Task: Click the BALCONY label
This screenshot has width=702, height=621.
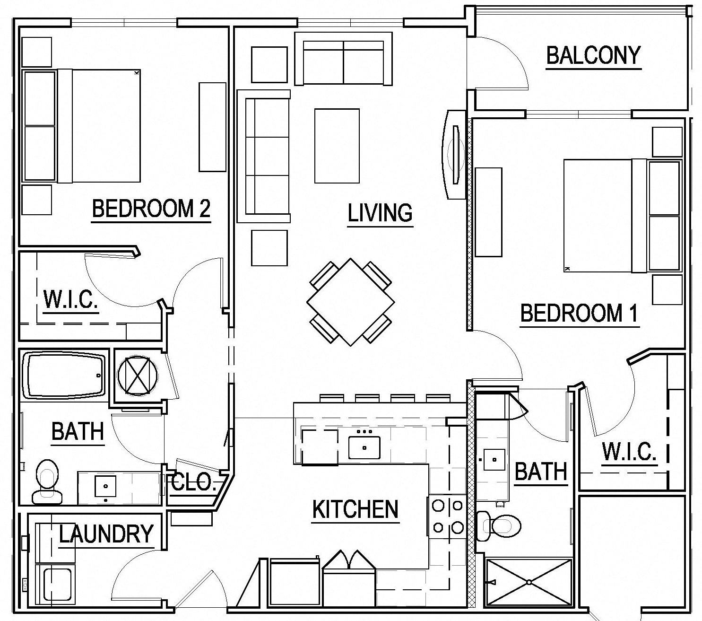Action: pyautogui.click(x=593, y=56)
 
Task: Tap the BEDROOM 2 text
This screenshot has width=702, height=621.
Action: pyautogui.click(x=151, y=209)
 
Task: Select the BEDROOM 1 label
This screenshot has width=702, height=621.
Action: pyautogui.click(x=579, y=313)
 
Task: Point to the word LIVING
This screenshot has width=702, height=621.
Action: pyautogui.click(x=380, y=213)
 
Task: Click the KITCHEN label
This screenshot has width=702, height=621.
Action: pyautogui.click(x=355, y=509)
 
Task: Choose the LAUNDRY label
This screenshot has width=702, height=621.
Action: pyautogui.click(x=106, y=534)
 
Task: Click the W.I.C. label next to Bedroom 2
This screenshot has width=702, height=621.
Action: pyautogui.click(x=71, y=299)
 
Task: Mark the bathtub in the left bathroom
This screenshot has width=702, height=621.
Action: pyautogui.click(x=65, y=375)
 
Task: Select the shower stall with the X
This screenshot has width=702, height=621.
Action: pyautogui.click(x=529, y=582)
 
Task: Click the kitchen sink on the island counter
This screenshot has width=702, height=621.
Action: pyautogui.click(x=364, y=447)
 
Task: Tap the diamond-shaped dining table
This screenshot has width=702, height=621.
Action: pyautogui.click(x=350, y=302)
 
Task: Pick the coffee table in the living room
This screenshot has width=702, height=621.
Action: pyautogui.click(x=337, y=146)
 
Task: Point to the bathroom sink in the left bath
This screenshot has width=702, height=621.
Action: pyautogui.click(x=105, y=486)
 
